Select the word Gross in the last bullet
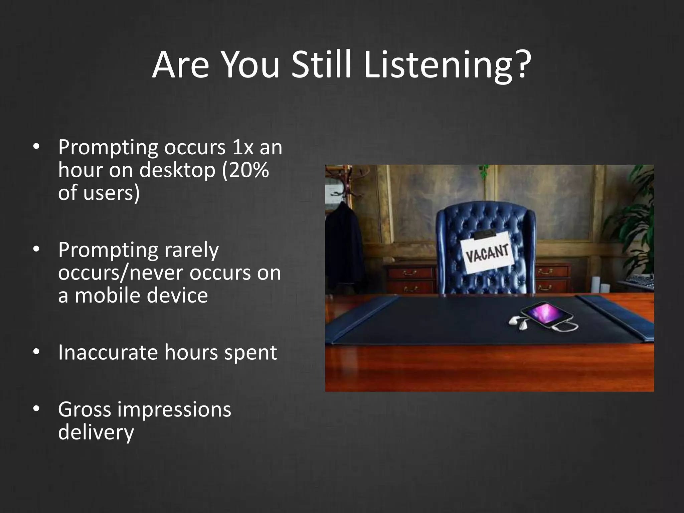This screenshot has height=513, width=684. tap(84, 410)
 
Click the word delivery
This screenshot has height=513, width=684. tap(96, 433)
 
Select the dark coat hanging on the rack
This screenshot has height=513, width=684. tap(344, 247)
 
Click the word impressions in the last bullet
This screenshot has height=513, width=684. tap(174, 410)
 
